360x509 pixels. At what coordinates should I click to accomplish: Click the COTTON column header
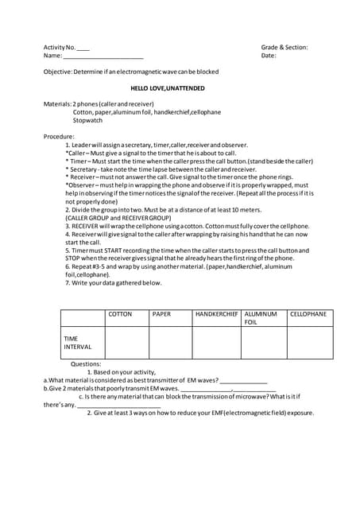point(120,314)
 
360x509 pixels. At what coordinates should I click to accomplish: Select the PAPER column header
point(161,314)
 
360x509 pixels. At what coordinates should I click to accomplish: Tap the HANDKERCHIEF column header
point(216,314)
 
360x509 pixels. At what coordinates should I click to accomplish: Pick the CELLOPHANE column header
point(308,314)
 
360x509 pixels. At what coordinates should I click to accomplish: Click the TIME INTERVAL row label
point(77,343)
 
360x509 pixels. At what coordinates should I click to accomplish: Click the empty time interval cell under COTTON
point(126,343)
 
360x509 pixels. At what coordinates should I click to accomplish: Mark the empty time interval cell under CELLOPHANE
point(309,343)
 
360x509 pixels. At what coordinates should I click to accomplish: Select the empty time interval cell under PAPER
point(171,343)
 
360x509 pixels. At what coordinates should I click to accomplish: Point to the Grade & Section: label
point(284,48)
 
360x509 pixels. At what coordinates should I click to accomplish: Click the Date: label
point(269,56)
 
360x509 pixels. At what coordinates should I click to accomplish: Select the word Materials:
point(57,104)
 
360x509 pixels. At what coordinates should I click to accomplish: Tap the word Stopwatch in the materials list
point(87,121)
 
